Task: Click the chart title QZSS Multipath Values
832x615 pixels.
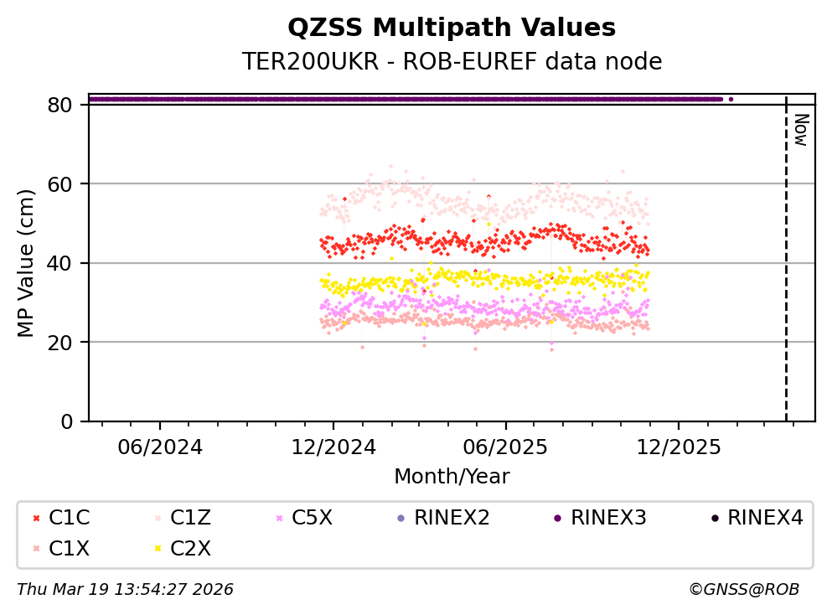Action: click(x=452, y=28)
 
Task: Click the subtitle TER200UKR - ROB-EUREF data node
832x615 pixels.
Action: click(x=452, y=62)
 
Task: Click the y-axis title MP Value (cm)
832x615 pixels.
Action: click(x=27, y=263)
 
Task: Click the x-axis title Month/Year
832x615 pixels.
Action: click(x=452, y=477)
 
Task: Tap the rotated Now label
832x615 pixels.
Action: click(x=801, y=130)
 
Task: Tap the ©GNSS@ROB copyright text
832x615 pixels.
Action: click(x=743, y=590)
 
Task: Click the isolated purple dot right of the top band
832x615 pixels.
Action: click(x=731, y=99)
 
